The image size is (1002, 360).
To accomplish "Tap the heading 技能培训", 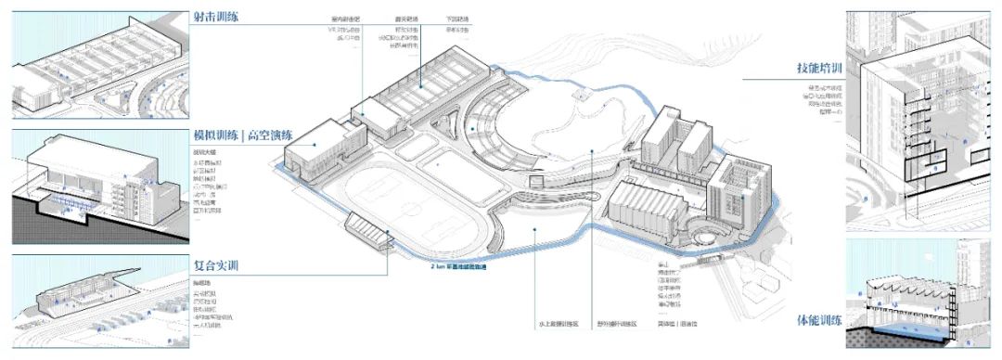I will coord(818,69).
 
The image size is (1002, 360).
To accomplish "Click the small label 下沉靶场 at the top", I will coord(458,19).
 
